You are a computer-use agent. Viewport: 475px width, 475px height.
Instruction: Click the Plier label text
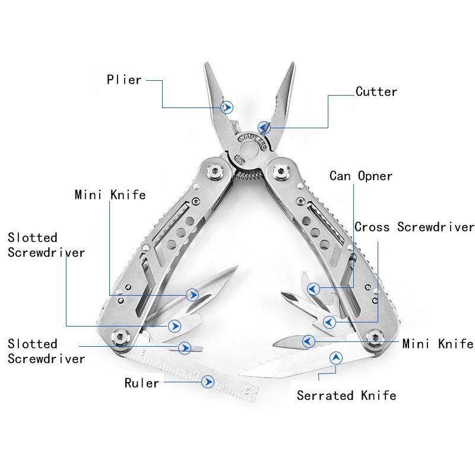click(123, 80)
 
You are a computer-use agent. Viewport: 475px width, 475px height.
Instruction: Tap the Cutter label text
click(376, 91)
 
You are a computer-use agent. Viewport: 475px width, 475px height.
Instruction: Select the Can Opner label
click(361, 176)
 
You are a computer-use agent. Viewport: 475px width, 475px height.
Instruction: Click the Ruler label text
click(141, 383)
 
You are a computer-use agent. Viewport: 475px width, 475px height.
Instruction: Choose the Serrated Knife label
click(346, 395)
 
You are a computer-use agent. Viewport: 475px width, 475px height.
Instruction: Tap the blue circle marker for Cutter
click(264, 127)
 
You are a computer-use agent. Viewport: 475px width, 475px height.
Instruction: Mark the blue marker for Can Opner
click(312, 289)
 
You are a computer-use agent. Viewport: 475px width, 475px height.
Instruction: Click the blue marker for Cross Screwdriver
click(328, 322)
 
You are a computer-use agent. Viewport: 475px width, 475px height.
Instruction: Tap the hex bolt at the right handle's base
click(374, 337)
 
